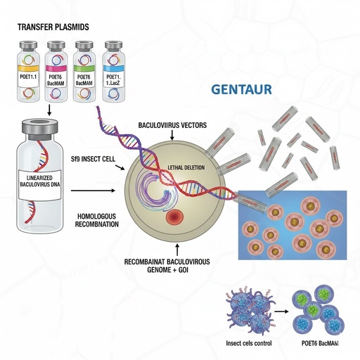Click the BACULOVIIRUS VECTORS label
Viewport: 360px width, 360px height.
click(x=171, y=124)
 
